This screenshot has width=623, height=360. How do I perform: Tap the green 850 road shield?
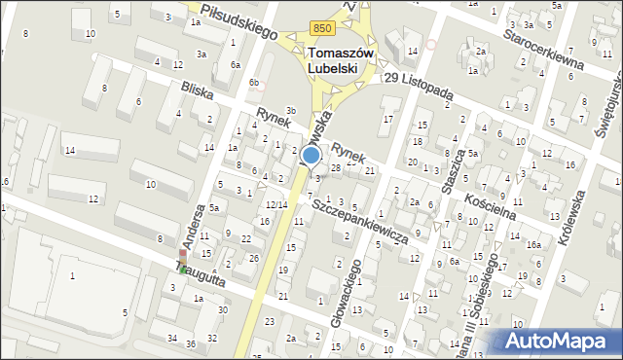[323, 30]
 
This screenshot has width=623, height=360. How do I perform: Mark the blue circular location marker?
[311, 155]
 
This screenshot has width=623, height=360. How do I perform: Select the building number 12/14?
[276, 204]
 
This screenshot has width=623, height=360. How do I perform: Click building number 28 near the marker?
[335, 168]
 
